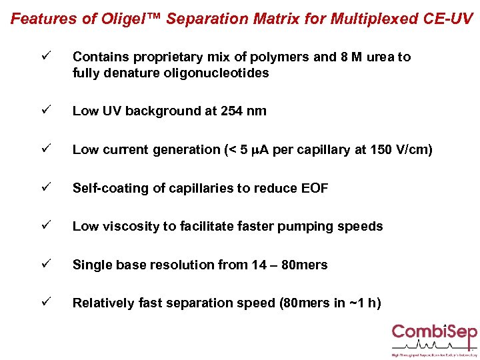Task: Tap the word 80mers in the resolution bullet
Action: (304, 265)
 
